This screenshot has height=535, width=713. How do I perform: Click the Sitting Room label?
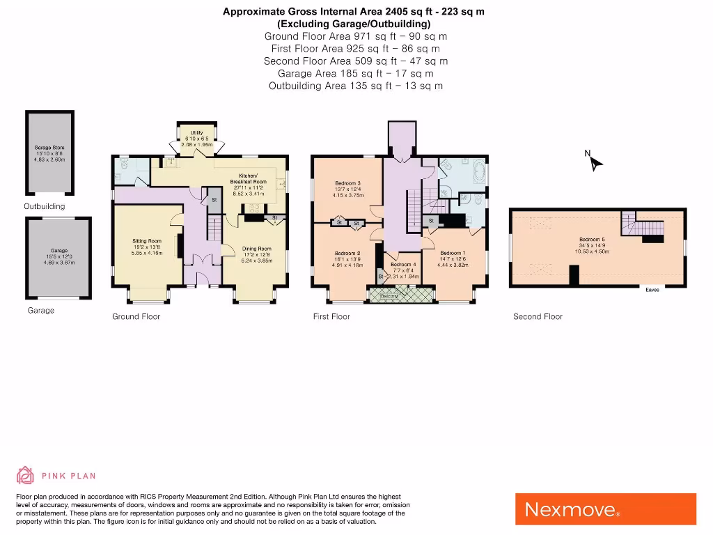[147, 241]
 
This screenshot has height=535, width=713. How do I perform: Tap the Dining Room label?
[256, 249]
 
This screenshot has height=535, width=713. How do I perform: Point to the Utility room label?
[196, 132]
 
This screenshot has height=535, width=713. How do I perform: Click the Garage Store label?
[49, 148]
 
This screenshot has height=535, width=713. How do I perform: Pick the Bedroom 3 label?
[347, 183]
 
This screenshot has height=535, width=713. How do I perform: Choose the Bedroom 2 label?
[347, 253]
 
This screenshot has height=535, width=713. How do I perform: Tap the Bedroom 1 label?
[453, 253]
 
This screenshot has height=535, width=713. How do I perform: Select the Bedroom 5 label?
[592, 240]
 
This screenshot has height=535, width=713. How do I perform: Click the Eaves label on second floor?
[652, 290]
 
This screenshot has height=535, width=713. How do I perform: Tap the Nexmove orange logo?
[605, 509]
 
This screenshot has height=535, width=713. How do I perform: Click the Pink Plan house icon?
[26, 476]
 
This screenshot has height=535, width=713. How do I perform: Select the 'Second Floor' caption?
[538, 317]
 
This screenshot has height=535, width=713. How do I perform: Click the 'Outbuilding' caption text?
[44, 207]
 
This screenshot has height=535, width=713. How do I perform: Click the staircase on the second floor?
[644, 226]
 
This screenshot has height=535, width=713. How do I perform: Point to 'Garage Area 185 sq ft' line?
[355, 73]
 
